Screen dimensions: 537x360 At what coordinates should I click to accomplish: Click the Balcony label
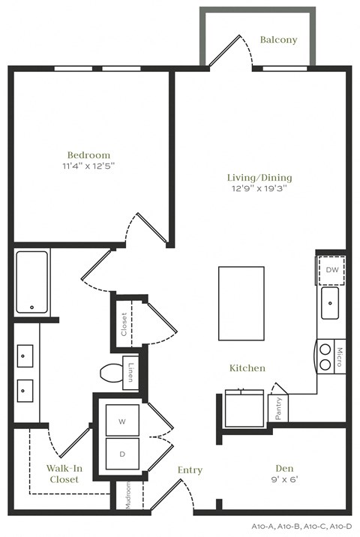[x=278, y=40]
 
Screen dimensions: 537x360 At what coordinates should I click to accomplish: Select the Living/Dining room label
[x=259, y=178]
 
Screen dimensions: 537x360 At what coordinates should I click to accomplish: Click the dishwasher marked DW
[x=331, y=270]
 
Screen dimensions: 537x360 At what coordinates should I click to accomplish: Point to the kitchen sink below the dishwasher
[x=330, y=304]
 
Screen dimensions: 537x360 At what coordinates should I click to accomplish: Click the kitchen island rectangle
[x=241, y=303]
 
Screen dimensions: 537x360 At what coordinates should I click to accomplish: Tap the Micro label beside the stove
[x=339, y=355]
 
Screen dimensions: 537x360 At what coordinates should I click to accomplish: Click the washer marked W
[x=122, y=421]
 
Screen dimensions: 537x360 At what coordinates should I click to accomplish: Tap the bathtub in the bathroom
[x=31, y=282]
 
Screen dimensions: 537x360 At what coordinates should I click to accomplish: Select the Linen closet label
[x=130, y=373]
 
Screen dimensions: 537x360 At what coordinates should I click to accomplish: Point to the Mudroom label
[x=127, y=495]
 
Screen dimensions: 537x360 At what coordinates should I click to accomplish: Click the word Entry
[x=190, y=470]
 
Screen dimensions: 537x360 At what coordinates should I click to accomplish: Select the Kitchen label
[x=247, y=368]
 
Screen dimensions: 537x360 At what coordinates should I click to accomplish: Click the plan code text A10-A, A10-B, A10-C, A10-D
[x=310, y=527]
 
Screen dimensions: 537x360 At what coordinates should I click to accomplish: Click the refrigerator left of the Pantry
[x=244, y=408]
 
